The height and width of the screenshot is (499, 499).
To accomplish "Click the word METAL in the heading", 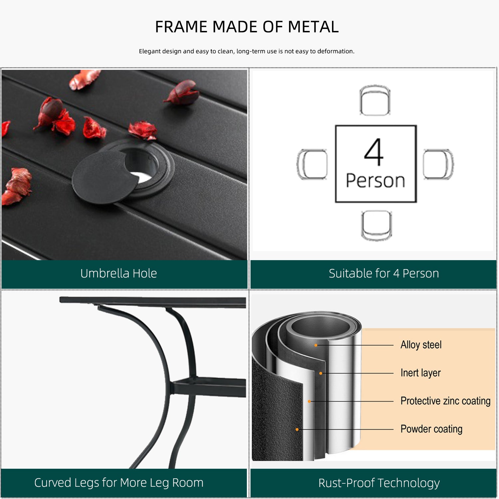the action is coord(313,27).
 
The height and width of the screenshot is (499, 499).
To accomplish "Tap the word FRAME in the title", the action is coord(181,27).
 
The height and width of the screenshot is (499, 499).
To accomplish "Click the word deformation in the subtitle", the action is coord(336,51).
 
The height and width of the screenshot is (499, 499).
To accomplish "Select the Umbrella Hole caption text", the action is coord(118,273).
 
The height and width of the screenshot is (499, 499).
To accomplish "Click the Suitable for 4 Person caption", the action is coord(384,273).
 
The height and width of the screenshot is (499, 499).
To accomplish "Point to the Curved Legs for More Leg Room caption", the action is coord(119,483).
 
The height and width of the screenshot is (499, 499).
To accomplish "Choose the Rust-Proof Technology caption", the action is coord(379,483).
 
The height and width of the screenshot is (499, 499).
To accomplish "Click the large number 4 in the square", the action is coord(374,152).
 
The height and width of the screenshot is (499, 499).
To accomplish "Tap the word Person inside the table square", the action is coord(376,181).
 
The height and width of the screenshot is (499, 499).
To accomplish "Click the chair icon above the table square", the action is coord(375,100).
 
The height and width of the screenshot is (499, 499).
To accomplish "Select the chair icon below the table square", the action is coord(376,225).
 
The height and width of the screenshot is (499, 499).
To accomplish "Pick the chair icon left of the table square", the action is coord(312,164).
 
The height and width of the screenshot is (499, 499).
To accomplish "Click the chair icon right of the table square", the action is coord(438,164).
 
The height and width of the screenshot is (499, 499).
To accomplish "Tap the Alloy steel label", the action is coord(421,345).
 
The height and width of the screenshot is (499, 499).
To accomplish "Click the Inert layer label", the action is coord(420,373).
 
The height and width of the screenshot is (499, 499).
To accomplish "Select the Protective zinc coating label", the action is coord(445,401).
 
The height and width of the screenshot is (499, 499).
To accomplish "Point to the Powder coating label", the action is coord(431,429).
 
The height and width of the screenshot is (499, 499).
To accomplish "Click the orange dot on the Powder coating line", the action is coord(297,429).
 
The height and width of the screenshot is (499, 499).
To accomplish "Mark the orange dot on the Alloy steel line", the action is coord(316,345).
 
